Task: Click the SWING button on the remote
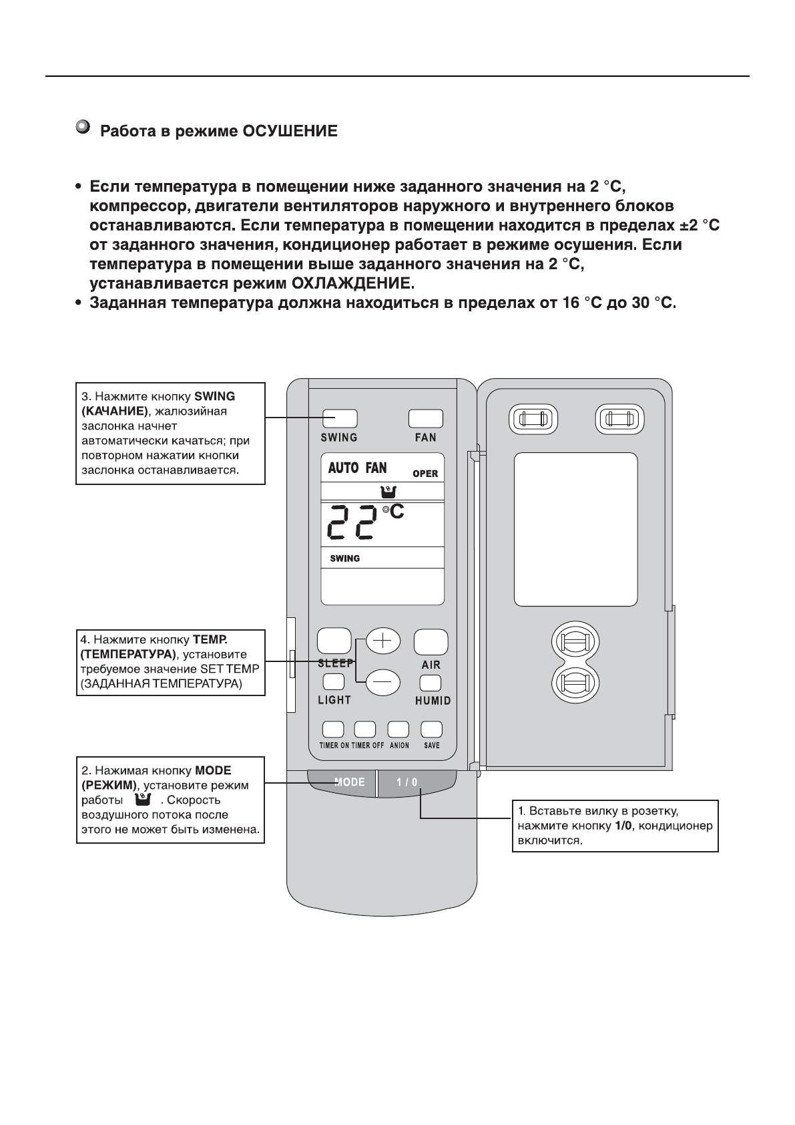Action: [x=340, y=419]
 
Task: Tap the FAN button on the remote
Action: [x=425, y=419]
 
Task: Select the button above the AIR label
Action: [x=431, y=642]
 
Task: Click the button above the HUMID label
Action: [x=431, y=683]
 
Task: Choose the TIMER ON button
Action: [x=333, y=729]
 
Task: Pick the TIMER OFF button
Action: [x=365, y=729]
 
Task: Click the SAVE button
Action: [x=432, y=729]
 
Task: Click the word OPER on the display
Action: [x=425, y=474]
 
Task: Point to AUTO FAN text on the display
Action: [x=357, y=468]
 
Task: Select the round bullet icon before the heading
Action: [x=83, y=127]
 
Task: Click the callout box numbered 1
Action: [x=615, y=826]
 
